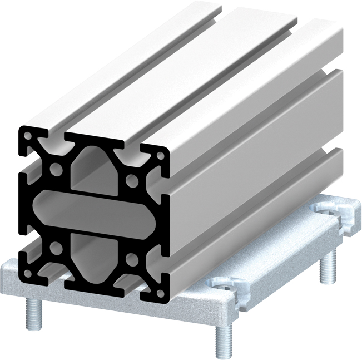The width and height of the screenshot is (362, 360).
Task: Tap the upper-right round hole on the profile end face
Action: click(132, 180)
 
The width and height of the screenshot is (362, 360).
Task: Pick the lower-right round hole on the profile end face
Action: click(131, 260)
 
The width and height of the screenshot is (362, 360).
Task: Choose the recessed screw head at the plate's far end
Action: click(328, 211)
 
